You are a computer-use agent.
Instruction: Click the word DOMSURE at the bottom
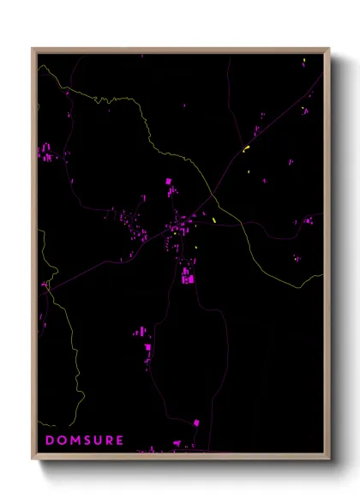84,441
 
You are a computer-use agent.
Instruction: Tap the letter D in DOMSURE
49,441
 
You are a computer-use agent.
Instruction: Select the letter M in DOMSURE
73,441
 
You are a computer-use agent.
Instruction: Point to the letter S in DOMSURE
85,441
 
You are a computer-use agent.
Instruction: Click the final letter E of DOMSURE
120,441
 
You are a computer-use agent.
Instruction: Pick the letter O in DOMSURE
60,441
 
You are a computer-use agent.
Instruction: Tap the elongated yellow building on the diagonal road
246,149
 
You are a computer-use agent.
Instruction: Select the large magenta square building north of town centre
169,182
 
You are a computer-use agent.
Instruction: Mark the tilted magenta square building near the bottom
196,423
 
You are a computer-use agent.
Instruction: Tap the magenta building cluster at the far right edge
307,222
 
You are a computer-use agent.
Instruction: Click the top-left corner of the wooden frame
33,49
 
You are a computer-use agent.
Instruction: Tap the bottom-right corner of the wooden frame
329,459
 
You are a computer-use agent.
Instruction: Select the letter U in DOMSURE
97,441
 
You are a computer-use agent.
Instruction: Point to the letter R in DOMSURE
109,441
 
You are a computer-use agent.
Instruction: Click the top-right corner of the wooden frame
329,49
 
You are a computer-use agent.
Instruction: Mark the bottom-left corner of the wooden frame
33,459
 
